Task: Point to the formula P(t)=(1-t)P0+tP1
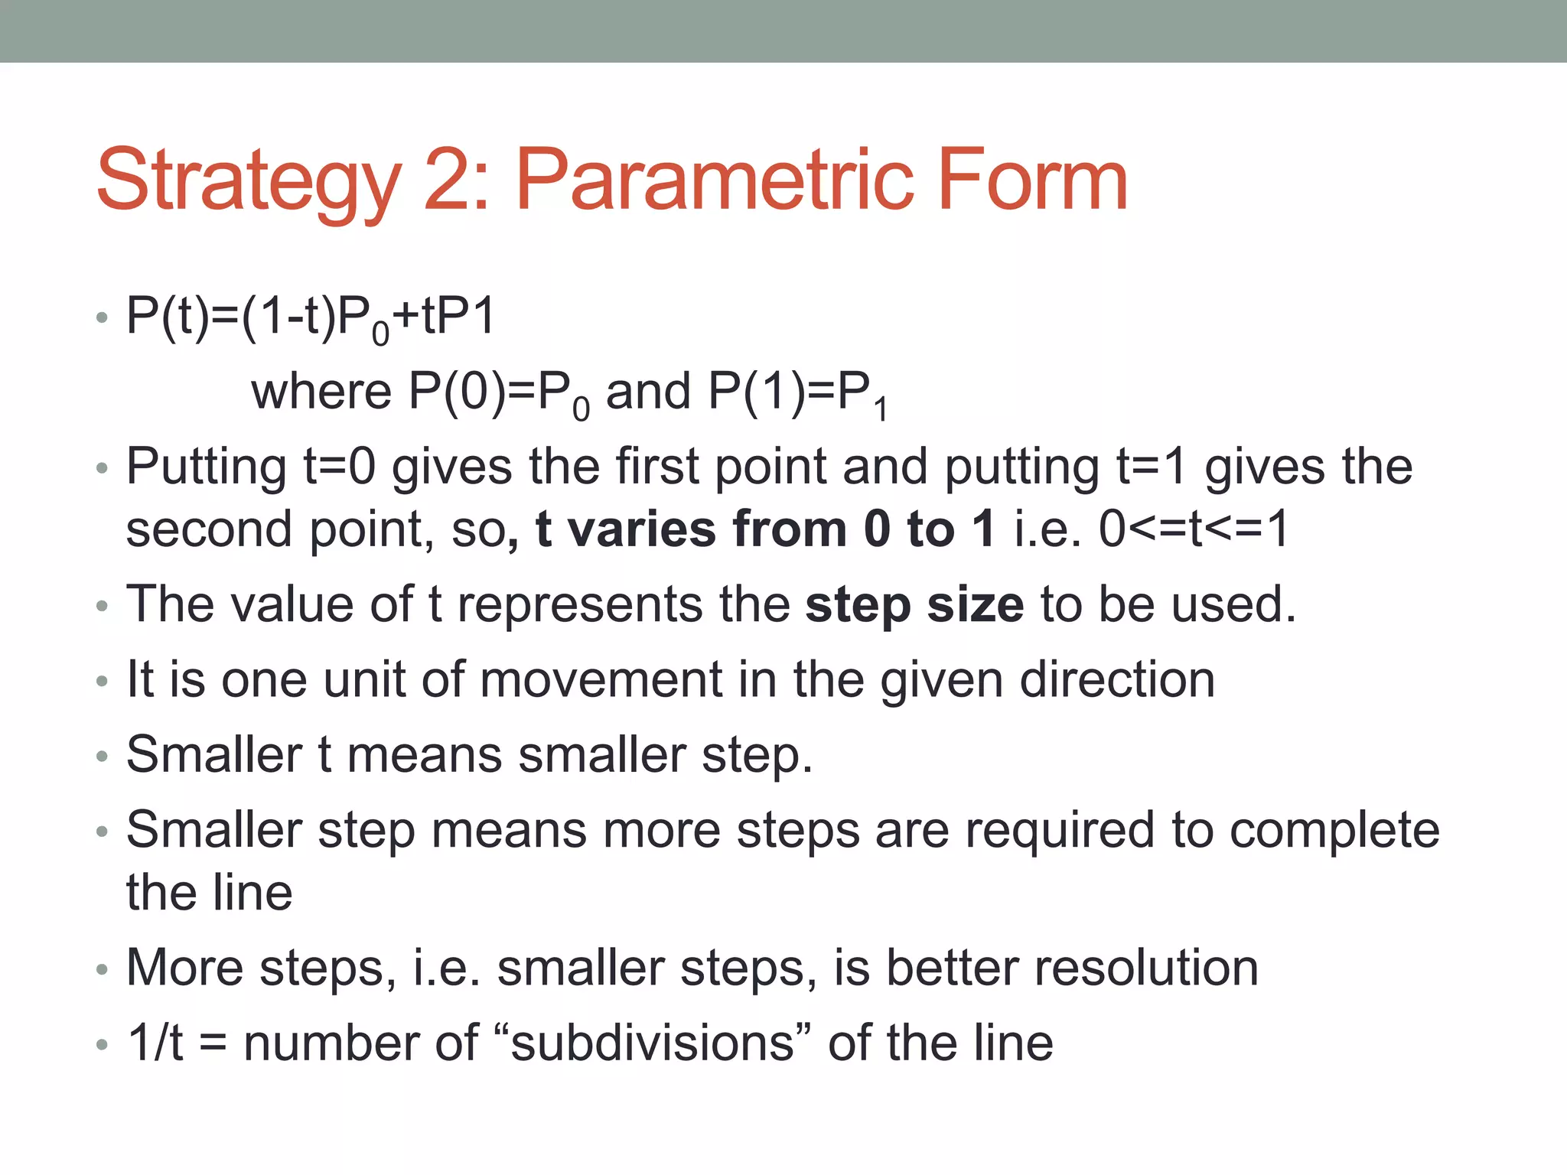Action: tap(311, 317)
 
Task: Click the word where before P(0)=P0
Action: tap(321, 392)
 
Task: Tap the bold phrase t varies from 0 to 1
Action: tap(765, 529)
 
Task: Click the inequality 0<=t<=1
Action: tap(1194, 529)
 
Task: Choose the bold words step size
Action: tap(914, 605)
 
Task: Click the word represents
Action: tap(579, 604)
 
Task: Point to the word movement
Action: tap(601, 679)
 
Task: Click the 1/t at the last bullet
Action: tap(155, 1043)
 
